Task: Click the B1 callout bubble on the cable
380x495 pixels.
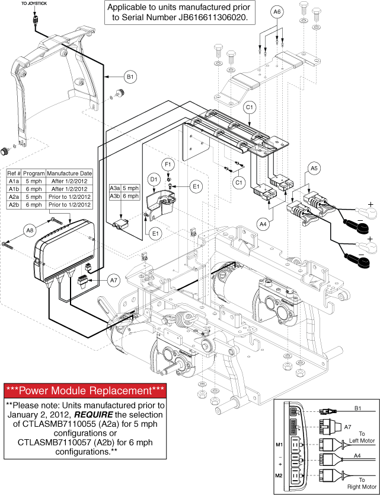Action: [x=129, y=77]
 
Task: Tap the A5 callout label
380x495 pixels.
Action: [x=314, y=169]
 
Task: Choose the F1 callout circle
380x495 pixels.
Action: [x=168, y=162]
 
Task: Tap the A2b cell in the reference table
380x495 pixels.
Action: [x=14, y=205]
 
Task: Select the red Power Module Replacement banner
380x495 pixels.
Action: [x=85, y=391]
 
